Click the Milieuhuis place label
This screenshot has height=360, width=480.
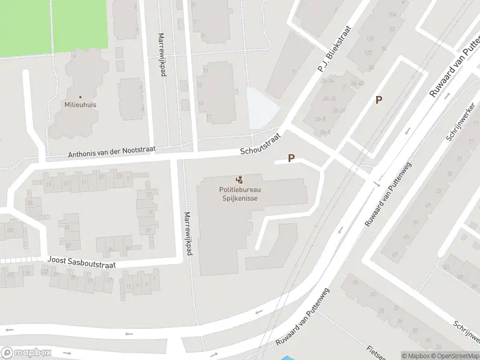[x=80, y=104]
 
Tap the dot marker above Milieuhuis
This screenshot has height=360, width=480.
[x=80, y=96]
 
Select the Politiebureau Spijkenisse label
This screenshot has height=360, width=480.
[x=240, y=194]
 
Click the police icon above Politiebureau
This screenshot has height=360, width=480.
[x=240, y=179]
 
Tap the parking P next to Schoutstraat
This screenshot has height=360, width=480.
[x=292, y=158]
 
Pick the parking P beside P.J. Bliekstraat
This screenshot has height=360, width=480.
[x=379, y=100]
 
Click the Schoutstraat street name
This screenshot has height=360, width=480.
[x=260, y=144]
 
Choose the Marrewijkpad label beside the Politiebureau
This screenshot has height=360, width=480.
[x=188, y=234]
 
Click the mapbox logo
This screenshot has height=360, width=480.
[x=25, y=353]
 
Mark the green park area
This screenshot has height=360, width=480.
[x=54, y=27]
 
